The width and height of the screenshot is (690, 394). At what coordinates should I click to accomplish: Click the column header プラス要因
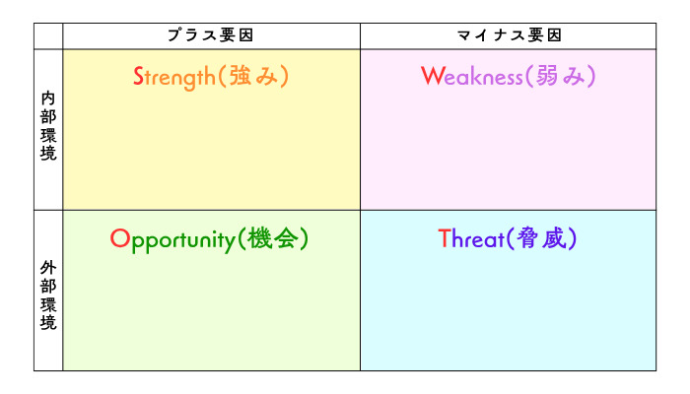point(210,35)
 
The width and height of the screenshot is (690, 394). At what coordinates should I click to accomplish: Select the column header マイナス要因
point(510,35)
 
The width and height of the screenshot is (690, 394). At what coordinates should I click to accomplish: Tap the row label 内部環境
point(48,126)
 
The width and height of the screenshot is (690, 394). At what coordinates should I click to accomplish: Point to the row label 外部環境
point(48,295)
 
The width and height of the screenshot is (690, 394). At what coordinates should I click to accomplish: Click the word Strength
point(174,78)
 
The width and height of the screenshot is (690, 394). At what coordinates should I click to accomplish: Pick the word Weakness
point(472,76)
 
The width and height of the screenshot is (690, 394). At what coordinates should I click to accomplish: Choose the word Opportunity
point(172,240)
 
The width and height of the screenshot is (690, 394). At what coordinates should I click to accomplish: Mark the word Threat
point(471,239)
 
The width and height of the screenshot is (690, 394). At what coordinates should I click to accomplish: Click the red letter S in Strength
point(139,76)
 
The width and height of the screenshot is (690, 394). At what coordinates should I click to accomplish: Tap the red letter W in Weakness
point(433,76)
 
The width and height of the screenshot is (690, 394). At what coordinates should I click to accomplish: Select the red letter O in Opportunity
point(120,238)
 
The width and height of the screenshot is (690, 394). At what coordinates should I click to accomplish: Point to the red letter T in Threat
point(444,239)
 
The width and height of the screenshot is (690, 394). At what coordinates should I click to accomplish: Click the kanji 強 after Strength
point(241,76)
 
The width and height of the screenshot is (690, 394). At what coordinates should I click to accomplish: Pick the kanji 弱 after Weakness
point(547,76)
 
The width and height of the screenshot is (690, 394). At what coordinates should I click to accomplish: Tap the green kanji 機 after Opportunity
point(258,238)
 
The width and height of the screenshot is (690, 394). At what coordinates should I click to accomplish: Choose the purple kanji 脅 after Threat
point(527,238)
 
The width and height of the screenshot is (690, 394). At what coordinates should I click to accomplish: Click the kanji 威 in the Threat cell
point(554,238)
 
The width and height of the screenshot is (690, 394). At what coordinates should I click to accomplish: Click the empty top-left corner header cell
point(48,36)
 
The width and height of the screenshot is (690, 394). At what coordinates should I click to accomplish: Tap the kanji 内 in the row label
point(48,98)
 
